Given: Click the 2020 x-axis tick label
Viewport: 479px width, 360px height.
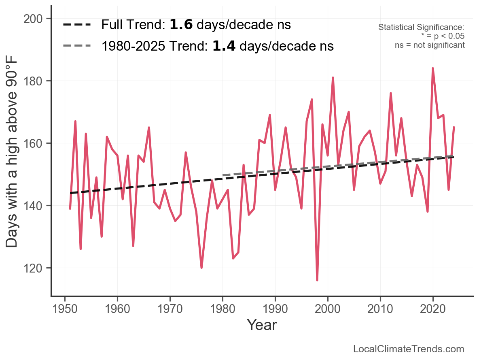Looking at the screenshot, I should tap(433, 309).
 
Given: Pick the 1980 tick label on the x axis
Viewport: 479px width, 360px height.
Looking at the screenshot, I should tap(223, 309).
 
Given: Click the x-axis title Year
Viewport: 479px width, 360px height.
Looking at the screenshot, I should tap(262, 325).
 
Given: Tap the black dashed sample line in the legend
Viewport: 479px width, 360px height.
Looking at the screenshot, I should tap(77, 25).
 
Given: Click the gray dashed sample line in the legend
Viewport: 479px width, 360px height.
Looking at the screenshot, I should tap(77, 46).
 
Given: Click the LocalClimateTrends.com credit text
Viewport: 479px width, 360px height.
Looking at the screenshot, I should tap(409, 349).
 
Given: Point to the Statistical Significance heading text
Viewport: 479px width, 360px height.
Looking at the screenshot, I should tap(421, 28).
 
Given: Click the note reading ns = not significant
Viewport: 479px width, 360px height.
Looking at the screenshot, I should tap(430, 45).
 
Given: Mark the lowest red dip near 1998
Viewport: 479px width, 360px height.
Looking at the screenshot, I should tap(317, 280).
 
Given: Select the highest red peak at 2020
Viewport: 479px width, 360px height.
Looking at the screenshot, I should tap(433, 68).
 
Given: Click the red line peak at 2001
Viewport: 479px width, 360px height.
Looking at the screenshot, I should tap(333, 78).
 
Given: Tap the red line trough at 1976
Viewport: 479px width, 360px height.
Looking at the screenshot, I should tap(201, 268).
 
